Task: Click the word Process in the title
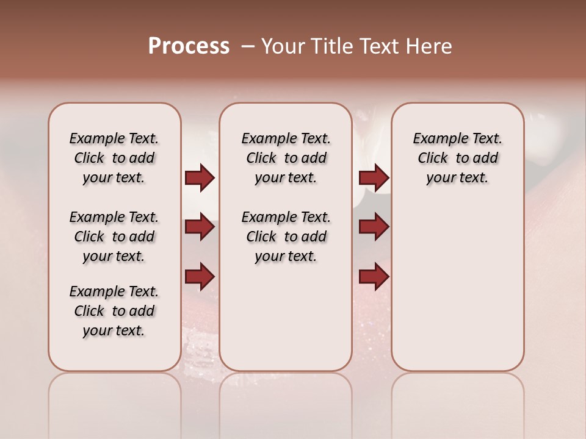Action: pos(189,46)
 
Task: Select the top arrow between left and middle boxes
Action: pos(200,178)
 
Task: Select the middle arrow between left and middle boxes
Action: pos(200,227)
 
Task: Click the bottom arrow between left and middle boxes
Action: pos(200,277)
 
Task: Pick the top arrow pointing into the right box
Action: pos(374,178)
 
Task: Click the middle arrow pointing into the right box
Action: pos(374,227)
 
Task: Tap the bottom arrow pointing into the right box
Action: pos(374,277)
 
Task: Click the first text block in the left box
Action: pos(114,158)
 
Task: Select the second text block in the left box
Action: pos(114,237)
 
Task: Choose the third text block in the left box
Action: pos(114,311)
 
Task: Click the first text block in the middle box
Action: pos(286,158)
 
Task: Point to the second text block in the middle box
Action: pos(286,237)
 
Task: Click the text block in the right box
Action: pos(458,158)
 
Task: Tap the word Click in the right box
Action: pos(433,159)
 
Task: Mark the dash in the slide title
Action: pos(247,46)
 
